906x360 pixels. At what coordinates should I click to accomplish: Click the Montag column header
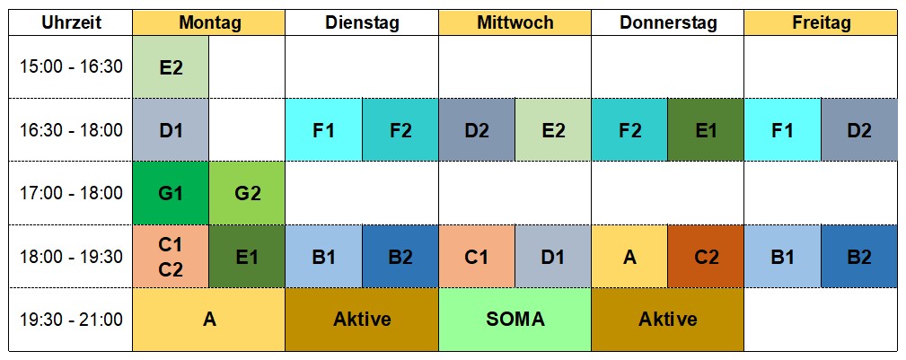pyautogui.click(x=209, y=23)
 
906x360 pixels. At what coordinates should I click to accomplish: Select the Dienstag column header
pyautogui.click(x=362, y=23)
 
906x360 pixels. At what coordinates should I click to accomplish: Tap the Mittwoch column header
pyautogui.click(x=515, y=23)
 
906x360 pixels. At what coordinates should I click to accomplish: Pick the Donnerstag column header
pyautogui.click(x=667, y=23)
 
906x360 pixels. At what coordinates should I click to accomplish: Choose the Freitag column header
pyautogui.click(x=820, y=23)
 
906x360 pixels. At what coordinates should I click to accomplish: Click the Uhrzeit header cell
pyautogui.click(x=71, y=23)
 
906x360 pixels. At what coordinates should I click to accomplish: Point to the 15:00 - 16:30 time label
pyautogui.click(x=71, y=66)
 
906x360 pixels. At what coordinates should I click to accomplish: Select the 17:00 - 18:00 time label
pyautogui.click(x=71, y=192)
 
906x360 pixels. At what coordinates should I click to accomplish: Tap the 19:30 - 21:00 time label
pyautogui.click(x=71, y=320)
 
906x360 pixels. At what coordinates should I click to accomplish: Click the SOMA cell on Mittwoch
pyautogui.click(x=515, y=320)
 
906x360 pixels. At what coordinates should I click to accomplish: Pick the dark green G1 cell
pyautogui.click(x=171, y=192)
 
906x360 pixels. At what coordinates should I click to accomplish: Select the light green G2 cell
pyautogui.click(x=247, y=192)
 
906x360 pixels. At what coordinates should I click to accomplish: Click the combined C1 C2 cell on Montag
pyautogui.click(x=171, y=256)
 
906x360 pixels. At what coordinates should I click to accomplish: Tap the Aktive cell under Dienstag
pyautogui.click(x=362, y=320)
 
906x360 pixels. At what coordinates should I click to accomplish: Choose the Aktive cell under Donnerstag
pyautogui.click(x=667, y=320)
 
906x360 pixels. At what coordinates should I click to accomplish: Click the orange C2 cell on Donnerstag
pyautogui.click(x=706, y=256)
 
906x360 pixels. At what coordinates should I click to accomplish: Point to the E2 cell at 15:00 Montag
pyautogui.click(x=171, y=66)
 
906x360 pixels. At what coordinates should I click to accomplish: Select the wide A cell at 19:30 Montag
pyautogui.click(x=209, y=320)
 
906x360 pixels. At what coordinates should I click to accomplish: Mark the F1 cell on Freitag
pyautogui.click(x=782, y=130)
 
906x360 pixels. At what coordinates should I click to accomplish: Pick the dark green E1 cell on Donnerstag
pyautogui.click(x=706, y=130)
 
